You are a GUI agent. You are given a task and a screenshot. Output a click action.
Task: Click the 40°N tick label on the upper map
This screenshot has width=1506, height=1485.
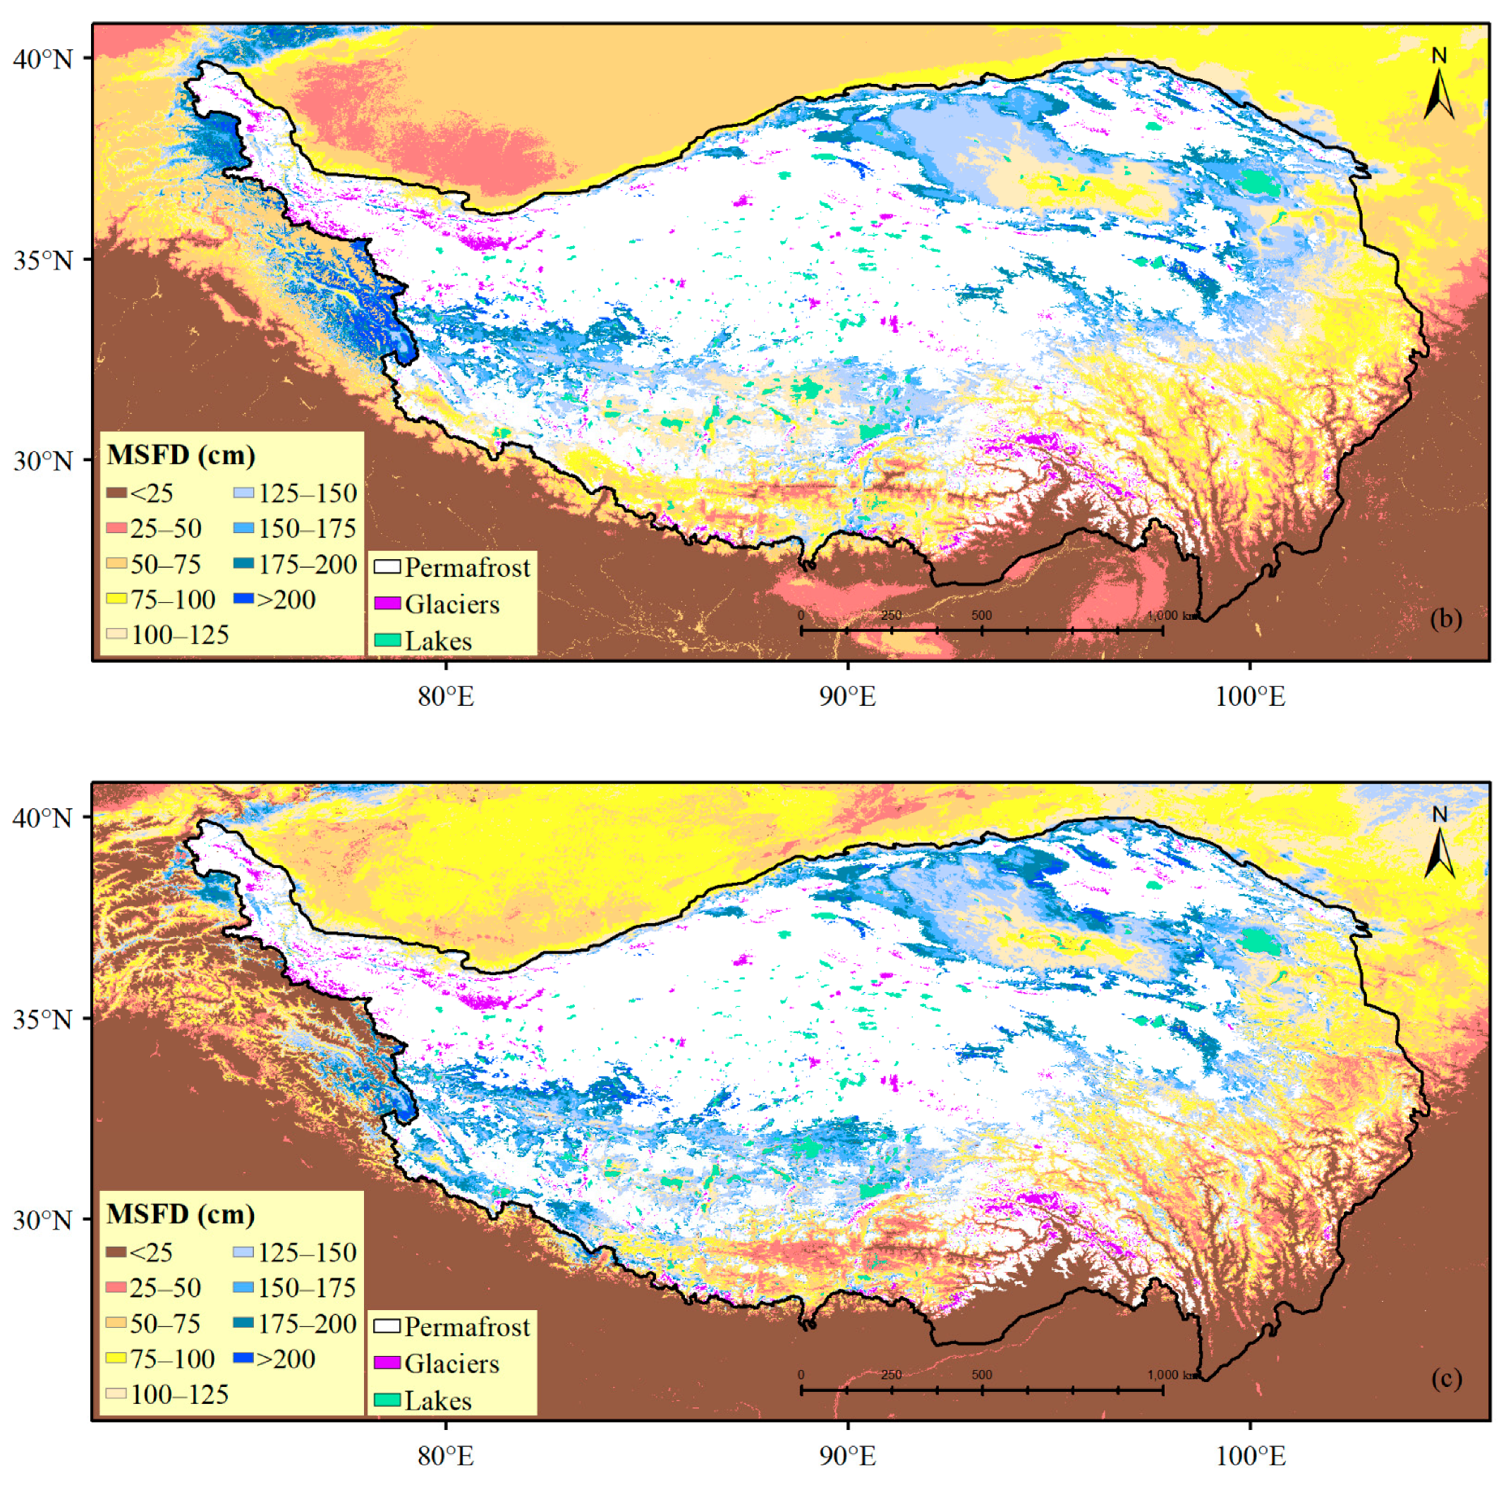point(43,59)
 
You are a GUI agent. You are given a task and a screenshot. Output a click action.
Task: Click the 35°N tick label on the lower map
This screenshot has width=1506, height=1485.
point(43,1019)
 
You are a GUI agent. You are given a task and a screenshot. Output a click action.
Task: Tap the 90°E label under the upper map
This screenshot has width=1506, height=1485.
point(847,696)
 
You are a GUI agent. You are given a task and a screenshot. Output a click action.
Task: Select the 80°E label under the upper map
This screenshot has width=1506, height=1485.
point(446,696)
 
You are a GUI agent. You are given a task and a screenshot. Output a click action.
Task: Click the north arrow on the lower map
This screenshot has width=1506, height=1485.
point(1439,846)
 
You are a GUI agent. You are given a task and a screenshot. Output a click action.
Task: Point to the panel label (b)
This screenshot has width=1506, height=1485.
point(1446,618)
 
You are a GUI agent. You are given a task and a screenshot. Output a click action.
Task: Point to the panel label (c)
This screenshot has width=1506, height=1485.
point(1446,1379)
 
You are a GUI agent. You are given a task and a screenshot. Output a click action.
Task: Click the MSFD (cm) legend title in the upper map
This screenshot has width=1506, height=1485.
point(181,455)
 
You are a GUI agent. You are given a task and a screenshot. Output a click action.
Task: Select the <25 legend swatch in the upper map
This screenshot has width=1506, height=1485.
point(116,492)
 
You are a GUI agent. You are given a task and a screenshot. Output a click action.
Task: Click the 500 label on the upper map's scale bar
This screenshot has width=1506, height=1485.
point(981,616)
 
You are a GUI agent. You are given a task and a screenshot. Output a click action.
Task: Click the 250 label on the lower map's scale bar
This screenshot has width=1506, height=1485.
point(891,1374)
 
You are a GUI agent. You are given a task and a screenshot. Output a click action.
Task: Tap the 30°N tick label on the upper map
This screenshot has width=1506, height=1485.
point(43,460)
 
